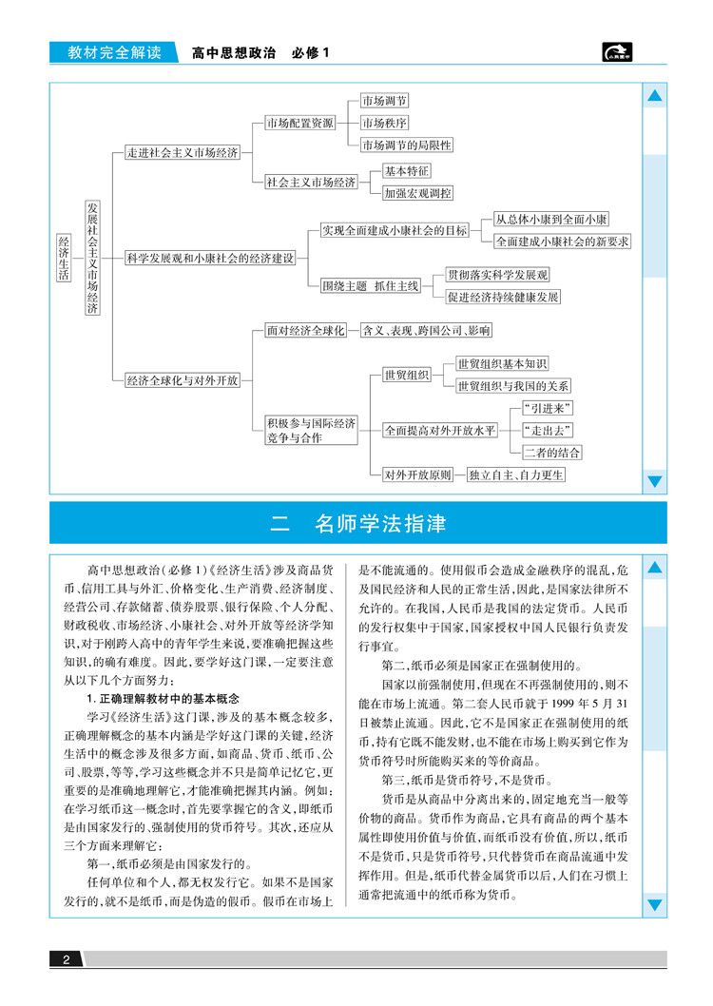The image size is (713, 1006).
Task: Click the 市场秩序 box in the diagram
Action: tap(384, 123)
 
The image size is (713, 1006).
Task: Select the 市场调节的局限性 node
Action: tap(406, 145)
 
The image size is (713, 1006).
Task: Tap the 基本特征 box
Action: tap(407, 171)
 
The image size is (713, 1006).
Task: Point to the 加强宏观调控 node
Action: tap(417, 193)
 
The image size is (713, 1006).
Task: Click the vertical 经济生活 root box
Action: tap(64, 258)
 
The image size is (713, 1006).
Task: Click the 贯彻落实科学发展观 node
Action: tap(498, 275)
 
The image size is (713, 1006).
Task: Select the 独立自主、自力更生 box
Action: tap(516, 474)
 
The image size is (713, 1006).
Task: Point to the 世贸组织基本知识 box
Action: tap(502, 364)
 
